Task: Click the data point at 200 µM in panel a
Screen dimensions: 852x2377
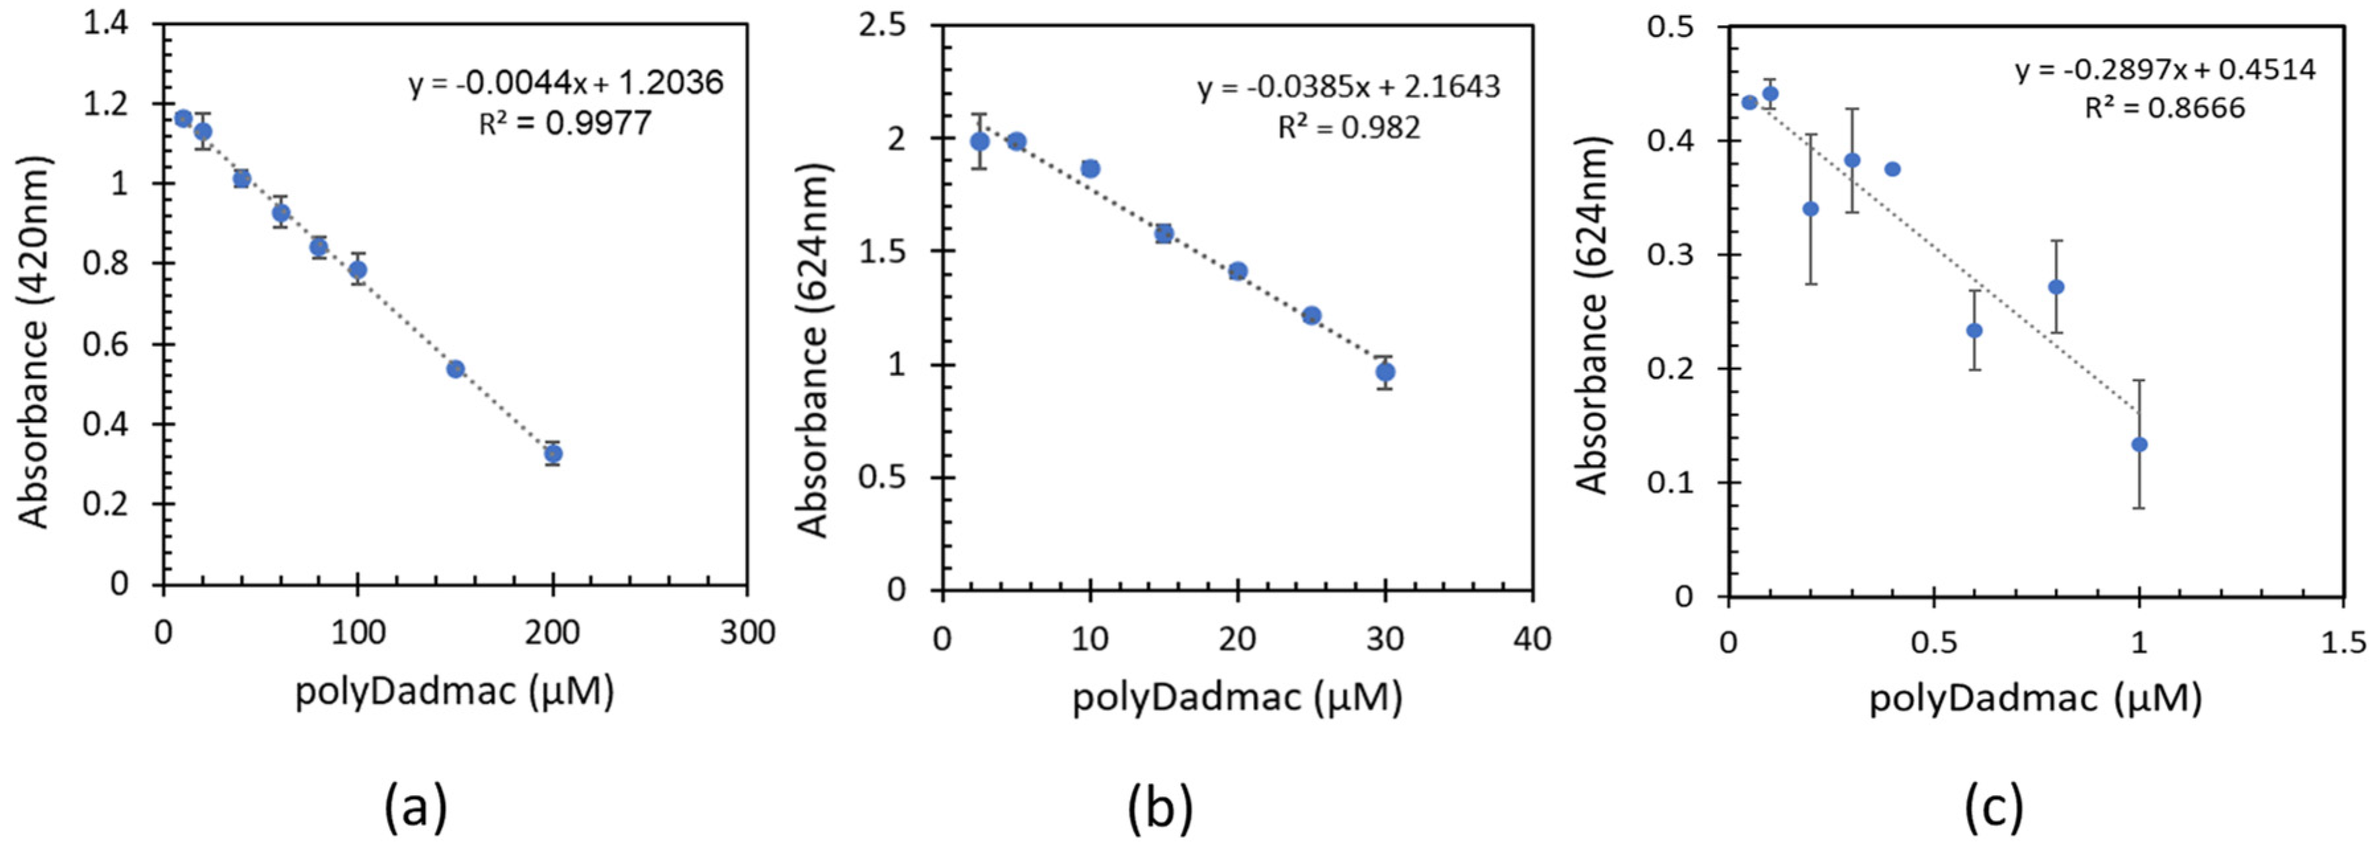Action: (x=553, y=454)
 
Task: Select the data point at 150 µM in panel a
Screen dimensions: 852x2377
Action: (x=455, y=369)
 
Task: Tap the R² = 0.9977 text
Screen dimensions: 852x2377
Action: (x=565, y=124)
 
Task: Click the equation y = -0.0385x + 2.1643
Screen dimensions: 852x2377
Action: (x=1349, y=88)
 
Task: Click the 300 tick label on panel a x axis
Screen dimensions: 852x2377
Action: (x=746, y=633)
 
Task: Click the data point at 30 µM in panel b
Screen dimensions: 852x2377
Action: (x=1385, y=373)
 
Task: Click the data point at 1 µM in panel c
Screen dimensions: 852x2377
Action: (x=2139, y=444)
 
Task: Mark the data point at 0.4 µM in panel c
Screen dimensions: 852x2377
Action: (x=1892, y=168)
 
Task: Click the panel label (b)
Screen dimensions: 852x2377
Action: (x=1160, y=808)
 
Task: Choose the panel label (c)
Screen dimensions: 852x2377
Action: (x=1993, y=808)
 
